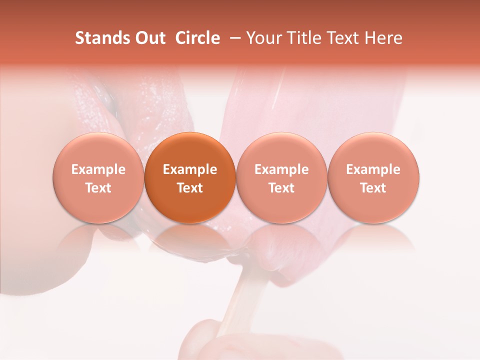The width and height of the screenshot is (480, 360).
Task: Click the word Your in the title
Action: (262, 38)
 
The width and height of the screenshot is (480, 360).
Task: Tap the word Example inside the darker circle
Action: (190, 169)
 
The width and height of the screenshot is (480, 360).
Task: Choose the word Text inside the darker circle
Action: (190, 188)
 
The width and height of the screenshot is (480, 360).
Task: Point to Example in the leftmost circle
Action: (98, 169)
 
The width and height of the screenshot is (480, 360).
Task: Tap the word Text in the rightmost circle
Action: (373, 188)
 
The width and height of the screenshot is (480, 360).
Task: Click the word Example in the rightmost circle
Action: (373, 169)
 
